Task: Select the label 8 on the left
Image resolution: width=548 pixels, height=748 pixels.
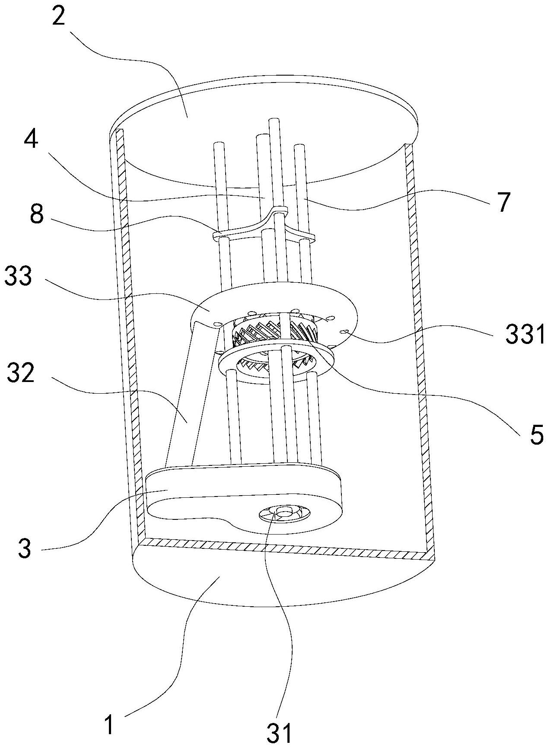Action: point(37,214)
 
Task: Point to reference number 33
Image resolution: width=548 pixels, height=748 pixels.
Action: point(18,276)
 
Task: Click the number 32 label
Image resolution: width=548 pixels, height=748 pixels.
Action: point(20,374)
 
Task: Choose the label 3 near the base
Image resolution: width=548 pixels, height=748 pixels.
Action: point(25,549)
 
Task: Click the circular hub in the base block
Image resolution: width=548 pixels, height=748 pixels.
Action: point(284,512)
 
